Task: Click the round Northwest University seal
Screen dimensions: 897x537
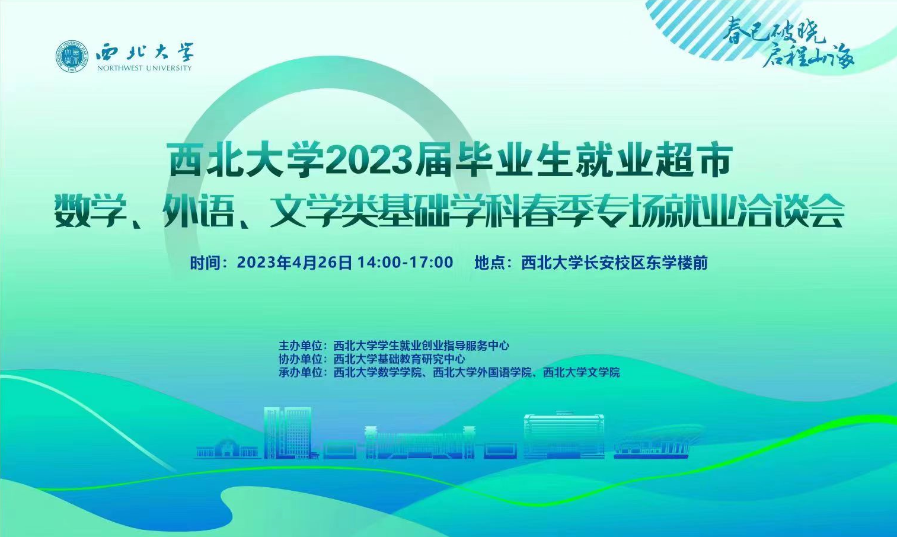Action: pos(72,56)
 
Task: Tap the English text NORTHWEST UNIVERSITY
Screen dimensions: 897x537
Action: pos(144,68)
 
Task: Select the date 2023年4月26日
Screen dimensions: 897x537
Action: pos(294,263)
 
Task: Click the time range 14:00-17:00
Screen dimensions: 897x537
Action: pos(405,263)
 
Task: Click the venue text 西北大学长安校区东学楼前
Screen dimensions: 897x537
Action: pos(614,263)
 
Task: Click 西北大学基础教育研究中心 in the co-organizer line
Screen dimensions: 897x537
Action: pos(399,359)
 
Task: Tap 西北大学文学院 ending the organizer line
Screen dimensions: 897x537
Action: pos(581,372)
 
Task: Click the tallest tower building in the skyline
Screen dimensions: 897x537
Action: pos(288,433)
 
